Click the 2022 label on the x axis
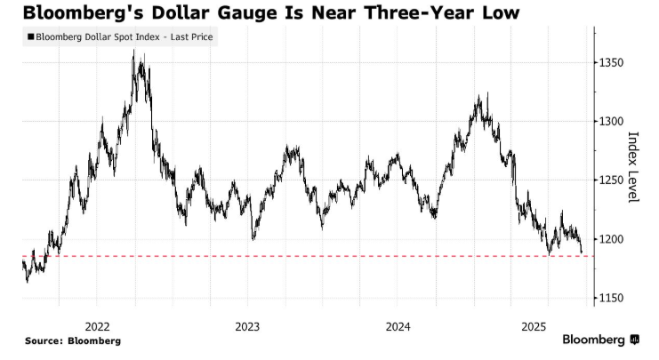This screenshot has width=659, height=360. click(x=97, y=324)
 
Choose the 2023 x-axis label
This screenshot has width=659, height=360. click(x=247, y=324)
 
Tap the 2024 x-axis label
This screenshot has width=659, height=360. click(x=398, y=324)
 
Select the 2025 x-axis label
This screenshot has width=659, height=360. click(x=548, y=324)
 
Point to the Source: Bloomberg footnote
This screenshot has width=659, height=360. click(x=73, y=340)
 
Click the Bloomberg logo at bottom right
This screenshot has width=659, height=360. click(x=600, y=340)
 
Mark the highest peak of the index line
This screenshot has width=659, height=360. click(x=133, y=52)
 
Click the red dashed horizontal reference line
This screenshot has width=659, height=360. click(x=356, y=256)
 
